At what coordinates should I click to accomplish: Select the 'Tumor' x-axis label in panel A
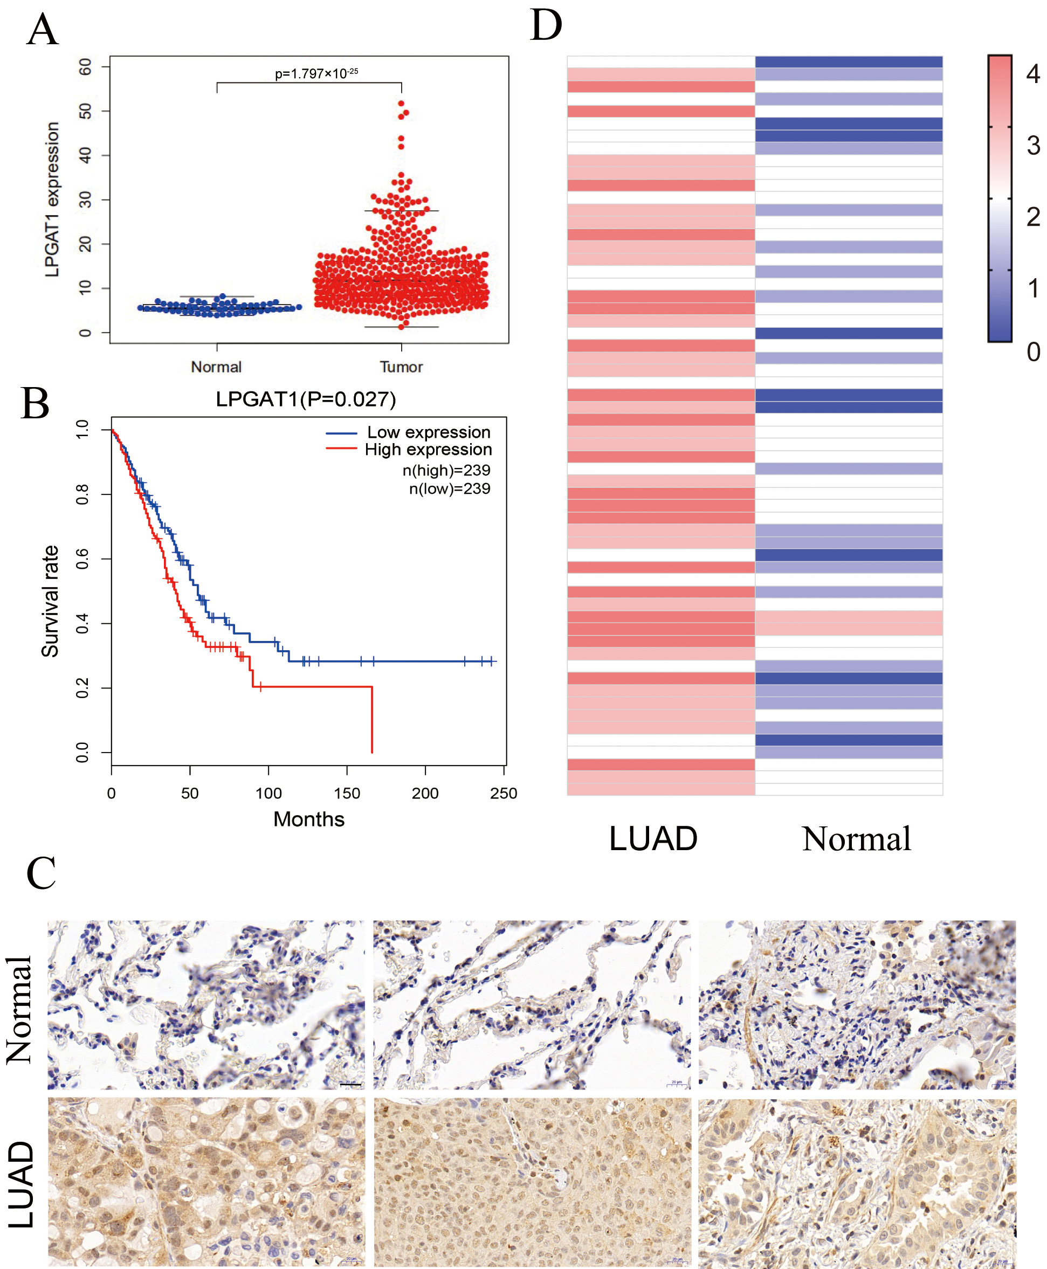pyautogui.click(x=401, y=367)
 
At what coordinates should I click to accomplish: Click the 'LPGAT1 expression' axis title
pyautogui.click(x=52, y=199)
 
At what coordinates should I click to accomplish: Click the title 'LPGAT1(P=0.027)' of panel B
pyautogui.click(x=306, y=399)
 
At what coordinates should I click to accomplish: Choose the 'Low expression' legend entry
pyautogui.click(x=428, y=432)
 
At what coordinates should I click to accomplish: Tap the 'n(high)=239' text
pyautogui.click(x=446, y=471)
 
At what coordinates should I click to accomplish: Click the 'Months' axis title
pyautogui.click(x=309, y=819)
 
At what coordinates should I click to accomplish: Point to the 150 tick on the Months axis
pyautogui.click(x=347, y=793)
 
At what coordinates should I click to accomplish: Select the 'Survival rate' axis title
pyautogui.click(x=50, y=601)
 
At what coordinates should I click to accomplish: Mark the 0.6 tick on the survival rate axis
pyautogui.click(x=82, y=559)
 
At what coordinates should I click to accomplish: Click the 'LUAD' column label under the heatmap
pyautogui.click(x=653, y=838)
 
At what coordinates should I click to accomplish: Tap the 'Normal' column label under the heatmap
pyautogui.click(x=857, y=838)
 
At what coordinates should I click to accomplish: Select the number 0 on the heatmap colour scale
pyautogui.click(x=1033, y=351)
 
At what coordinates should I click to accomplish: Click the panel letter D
pyautogui.click(x=546, y=25)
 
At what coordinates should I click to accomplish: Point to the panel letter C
pyautogui.click(x=41, y=873)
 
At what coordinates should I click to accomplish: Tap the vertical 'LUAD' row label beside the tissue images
pyautogui.click(x=22, y=1184)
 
